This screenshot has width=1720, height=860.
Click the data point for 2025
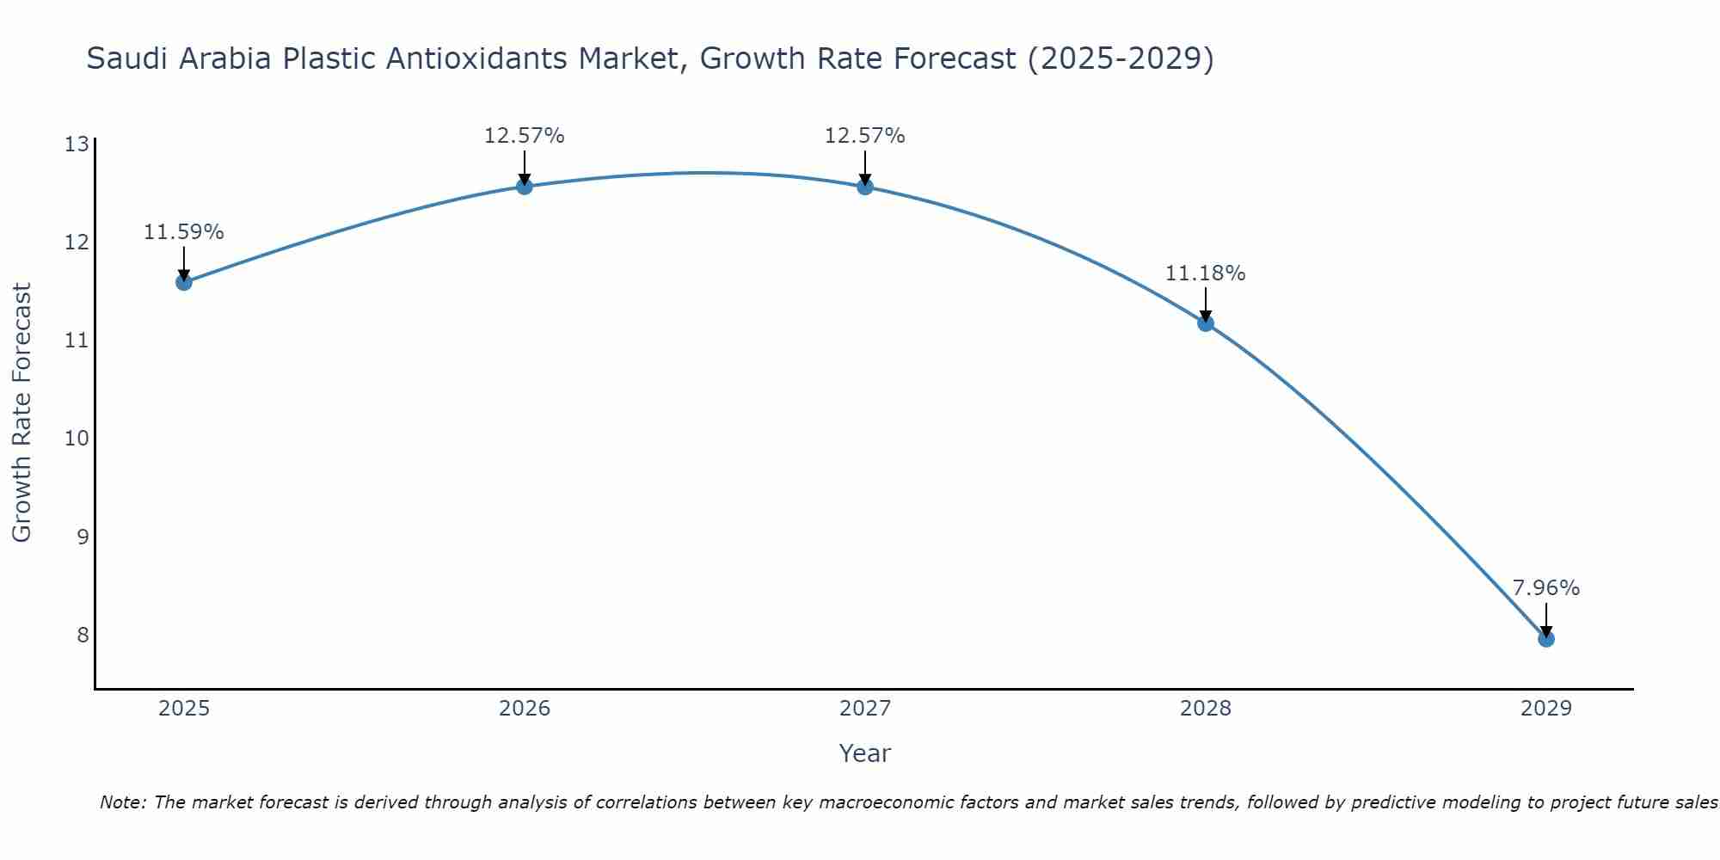(x=184, y=282)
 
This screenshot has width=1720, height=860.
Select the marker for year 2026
(x=525, y=187)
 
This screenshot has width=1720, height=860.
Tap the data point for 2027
(x=865, y=187)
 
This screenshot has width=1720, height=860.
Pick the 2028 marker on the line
(x=1206, y=323)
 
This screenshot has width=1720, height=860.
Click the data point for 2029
(x=1546, y=639)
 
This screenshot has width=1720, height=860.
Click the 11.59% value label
(x=183, y=232)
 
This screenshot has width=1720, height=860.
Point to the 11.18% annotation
(x=1205, y=273)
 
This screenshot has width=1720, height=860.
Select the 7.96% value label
(x=1546, y=588)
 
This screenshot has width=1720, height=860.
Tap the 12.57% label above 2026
(x=524, y=136)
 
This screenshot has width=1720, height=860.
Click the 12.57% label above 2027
(x=864, y=136)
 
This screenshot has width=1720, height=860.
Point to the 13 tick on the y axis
(x=77, y=144)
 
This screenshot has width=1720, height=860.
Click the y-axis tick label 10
(x=77, y=439)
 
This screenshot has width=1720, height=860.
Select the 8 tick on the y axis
(x=83, y=635)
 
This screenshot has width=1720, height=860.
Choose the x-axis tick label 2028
(x=1206, y=709)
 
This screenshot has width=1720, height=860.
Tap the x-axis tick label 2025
(x=184, y=709)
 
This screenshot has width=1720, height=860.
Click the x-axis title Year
(x=864, y=753)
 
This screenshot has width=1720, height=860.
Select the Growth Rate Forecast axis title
(x=22, y=413)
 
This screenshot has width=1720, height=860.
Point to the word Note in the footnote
(x=123, y=802)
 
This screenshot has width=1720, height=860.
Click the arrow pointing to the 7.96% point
(x=1546, y=619)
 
